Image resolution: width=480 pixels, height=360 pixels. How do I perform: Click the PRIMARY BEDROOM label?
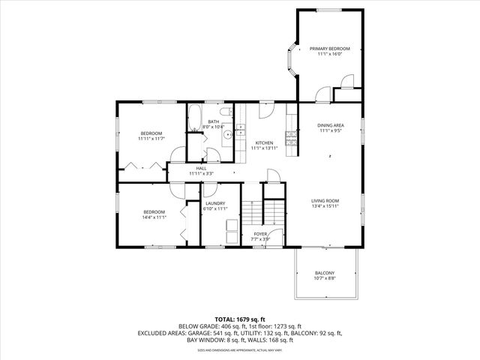point(330,49)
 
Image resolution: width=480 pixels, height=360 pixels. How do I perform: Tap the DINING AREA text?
point(330,125)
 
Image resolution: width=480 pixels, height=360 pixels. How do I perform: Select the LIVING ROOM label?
point(325,200)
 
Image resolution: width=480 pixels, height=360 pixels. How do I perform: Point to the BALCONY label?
point(324,272)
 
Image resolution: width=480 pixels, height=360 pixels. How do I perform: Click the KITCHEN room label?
point(264,142)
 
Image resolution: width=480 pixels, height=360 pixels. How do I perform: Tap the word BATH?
point(214,121)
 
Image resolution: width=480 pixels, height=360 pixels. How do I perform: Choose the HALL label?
point(201,168)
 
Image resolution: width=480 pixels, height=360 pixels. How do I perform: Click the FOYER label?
point(260,234)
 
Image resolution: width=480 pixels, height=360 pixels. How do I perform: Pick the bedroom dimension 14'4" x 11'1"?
point(154,217)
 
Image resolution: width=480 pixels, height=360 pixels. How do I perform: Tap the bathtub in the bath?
point(193,118)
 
